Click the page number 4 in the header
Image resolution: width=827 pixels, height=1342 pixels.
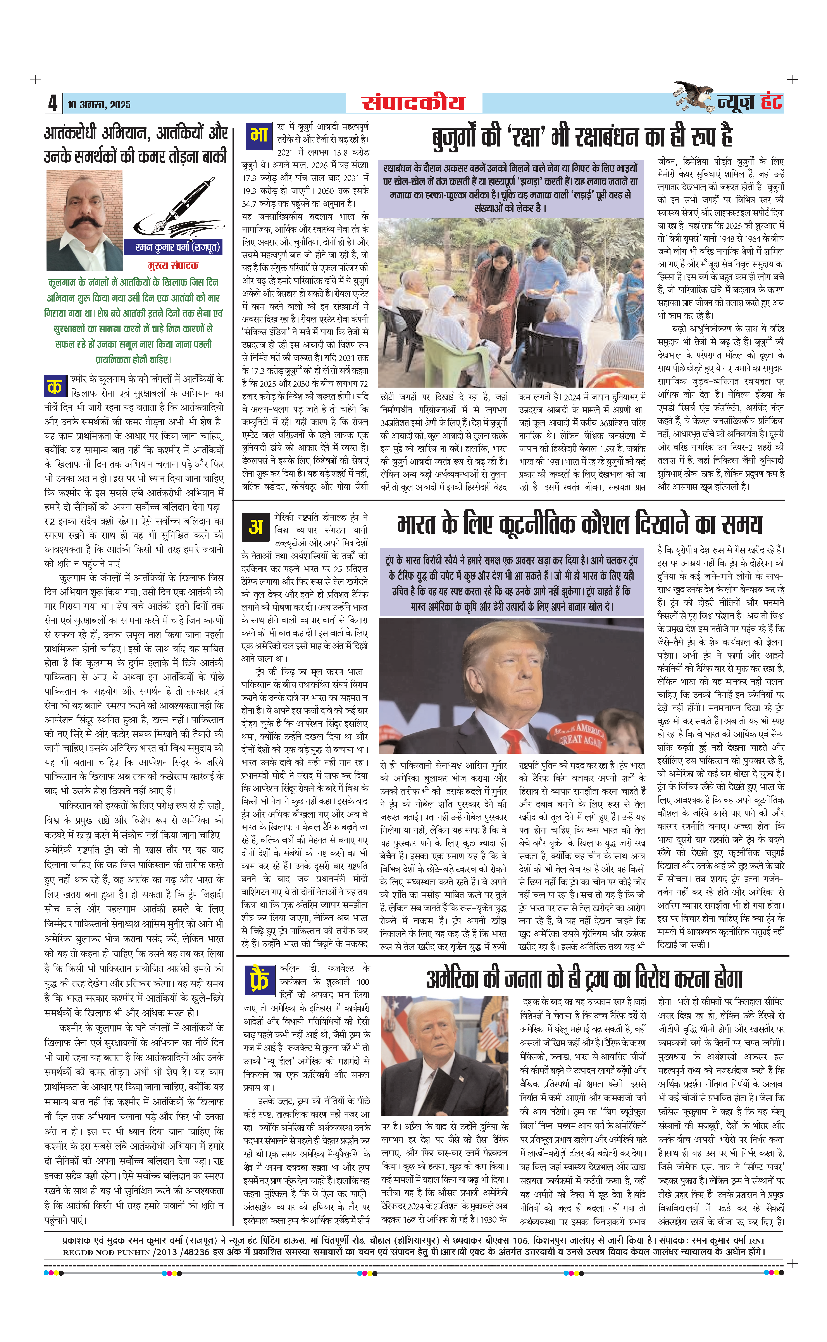[53, 103]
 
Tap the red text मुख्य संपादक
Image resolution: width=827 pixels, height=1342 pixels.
[173, 266]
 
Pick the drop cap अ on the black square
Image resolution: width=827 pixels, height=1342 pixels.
[255, 527]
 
